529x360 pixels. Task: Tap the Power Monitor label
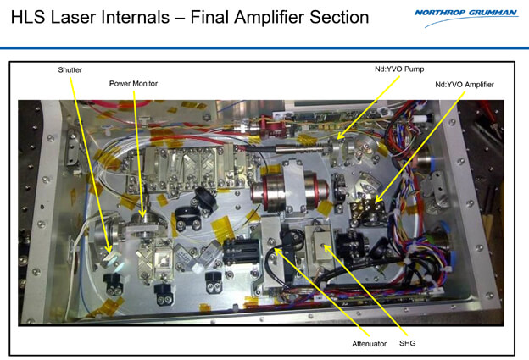coord(133,83)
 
